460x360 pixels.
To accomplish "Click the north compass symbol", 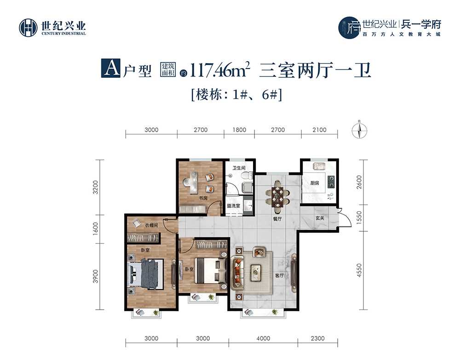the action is (359, 130).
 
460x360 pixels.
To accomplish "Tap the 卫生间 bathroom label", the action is (239, 168).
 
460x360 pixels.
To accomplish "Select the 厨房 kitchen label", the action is (315, 183).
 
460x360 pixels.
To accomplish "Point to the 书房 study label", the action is (203, 198).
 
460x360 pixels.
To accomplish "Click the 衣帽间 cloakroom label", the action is (151, 226).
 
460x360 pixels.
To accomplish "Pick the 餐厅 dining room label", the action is (277, 219).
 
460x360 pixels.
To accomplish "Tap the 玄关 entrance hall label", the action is (320, 219).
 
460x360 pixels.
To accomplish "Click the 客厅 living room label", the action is (279, 276).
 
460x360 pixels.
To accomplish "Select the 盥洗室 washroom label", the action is (234, 206).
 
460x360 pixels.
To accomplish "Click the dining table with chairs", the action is (277, 197).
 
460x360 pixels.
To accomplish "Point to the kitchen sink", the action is (318, 167).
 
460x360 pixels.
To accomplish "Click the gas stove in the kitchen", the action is (331, 181).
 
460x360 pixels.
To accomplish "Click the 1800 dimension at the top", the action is (239, 130).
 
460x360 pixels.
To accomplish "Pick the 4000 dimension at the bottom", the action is (263, 338).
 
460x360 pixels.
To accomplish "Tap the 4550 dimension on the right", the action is (359, 270).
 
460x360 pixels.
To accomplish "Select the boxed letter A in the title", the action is (110, 68).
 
